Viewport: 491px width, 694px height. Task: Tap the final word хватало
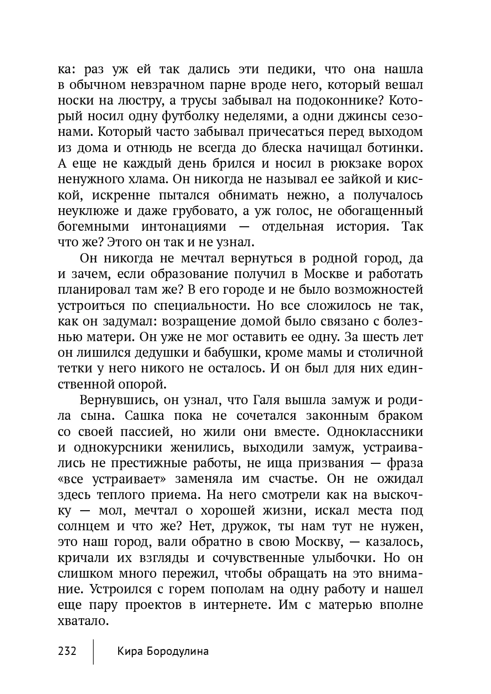pyautogui.click(x=82, y=621)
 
